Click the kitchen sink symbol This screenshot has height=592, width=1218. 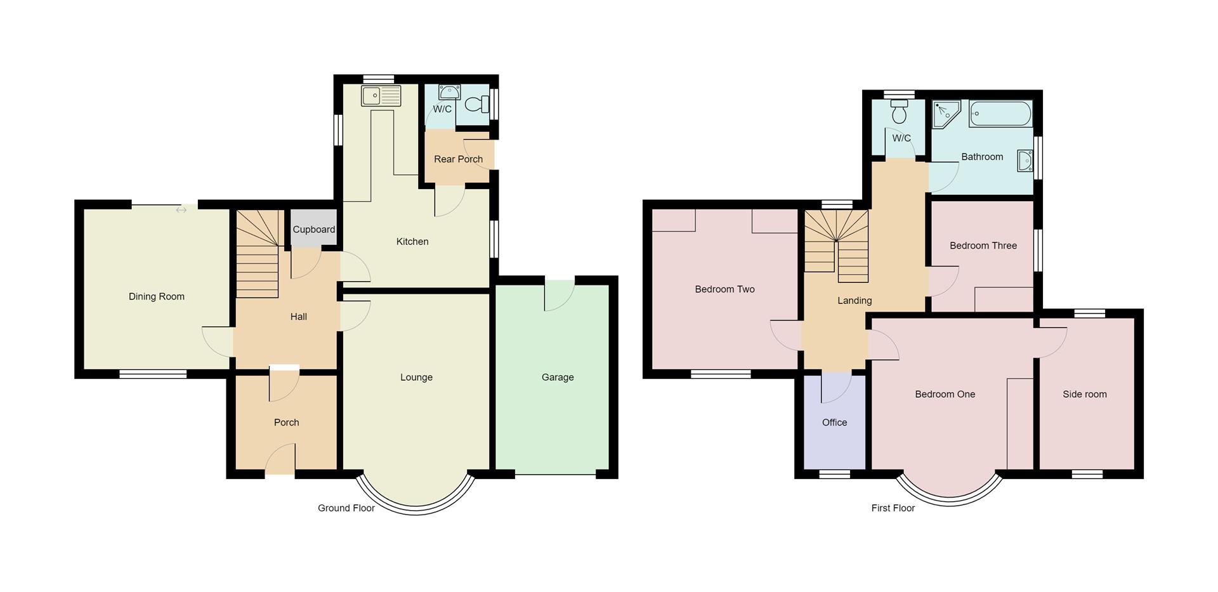coord(381,96)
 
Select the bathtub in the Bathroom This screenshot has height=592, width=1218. coord(1000,114)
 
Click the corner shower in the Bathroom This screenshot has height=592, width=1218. coord(946,114)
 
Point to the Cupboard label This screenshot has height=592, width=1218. coord(313,230)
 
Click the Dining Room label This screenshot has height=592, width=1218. coord(157,296)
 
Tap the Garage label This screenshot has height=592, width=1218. coord(558,377)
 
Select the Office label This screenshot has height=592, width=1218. coord(834,423)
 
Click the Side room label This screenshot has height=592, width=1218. coord(1084,394)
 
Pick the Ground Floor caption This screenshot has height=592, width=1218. coord(346,508)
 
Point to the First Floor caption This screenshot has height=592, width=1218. coord(893,508)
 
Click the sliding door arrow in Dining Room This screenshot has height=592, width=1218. coord(181,210)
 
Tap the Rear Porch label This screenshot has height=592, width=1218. coord(458,159)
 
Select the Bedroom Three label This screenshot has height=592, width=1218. coord(983,246)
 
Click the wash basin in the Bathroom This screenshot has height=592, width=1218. coord(1025,161)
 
